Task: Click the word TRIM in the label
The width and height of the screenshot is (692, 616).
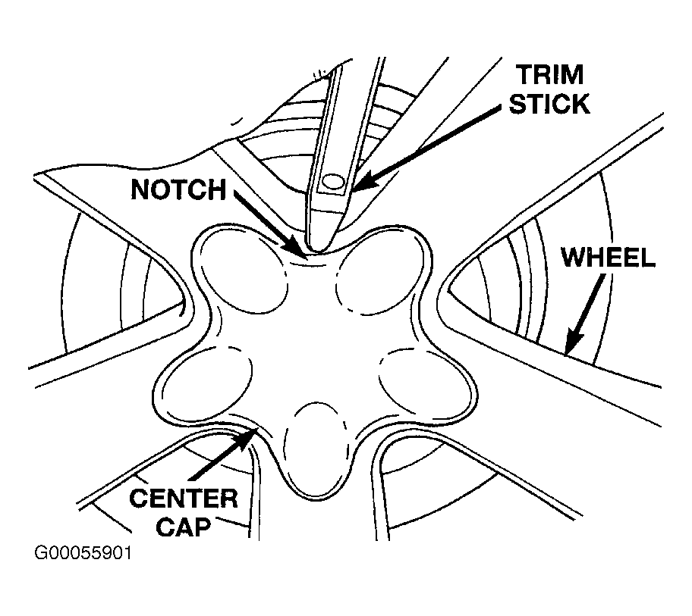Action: tap(550, 74)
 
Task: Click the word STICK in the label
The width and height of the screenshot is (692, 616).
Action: tap(549, 104)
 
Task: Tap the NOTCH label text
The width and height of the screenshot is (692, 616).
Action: tap(178, 189)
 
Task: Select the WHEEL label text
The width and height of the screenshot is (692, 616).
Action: tap(608, 258)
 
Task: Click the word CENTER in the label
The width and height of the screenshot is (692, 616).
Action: tap(184, 499)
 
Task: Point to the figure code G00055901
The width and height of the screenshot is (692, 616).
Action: tap(83, 553)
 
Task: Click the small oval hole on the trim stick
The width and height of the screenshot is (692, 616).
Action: tap(333, 182)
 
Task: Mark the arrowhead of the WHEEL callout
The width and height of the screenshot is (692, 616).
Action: tap(573, 342)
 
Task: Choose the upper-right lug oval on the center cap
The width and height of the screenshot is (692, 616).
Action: tap(380, 274)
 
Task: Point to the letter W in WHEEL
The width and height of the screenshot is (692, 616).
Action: tap(574, 258)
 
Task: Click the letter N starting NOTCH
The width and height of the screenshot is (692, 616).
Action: tap(140, 189)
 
